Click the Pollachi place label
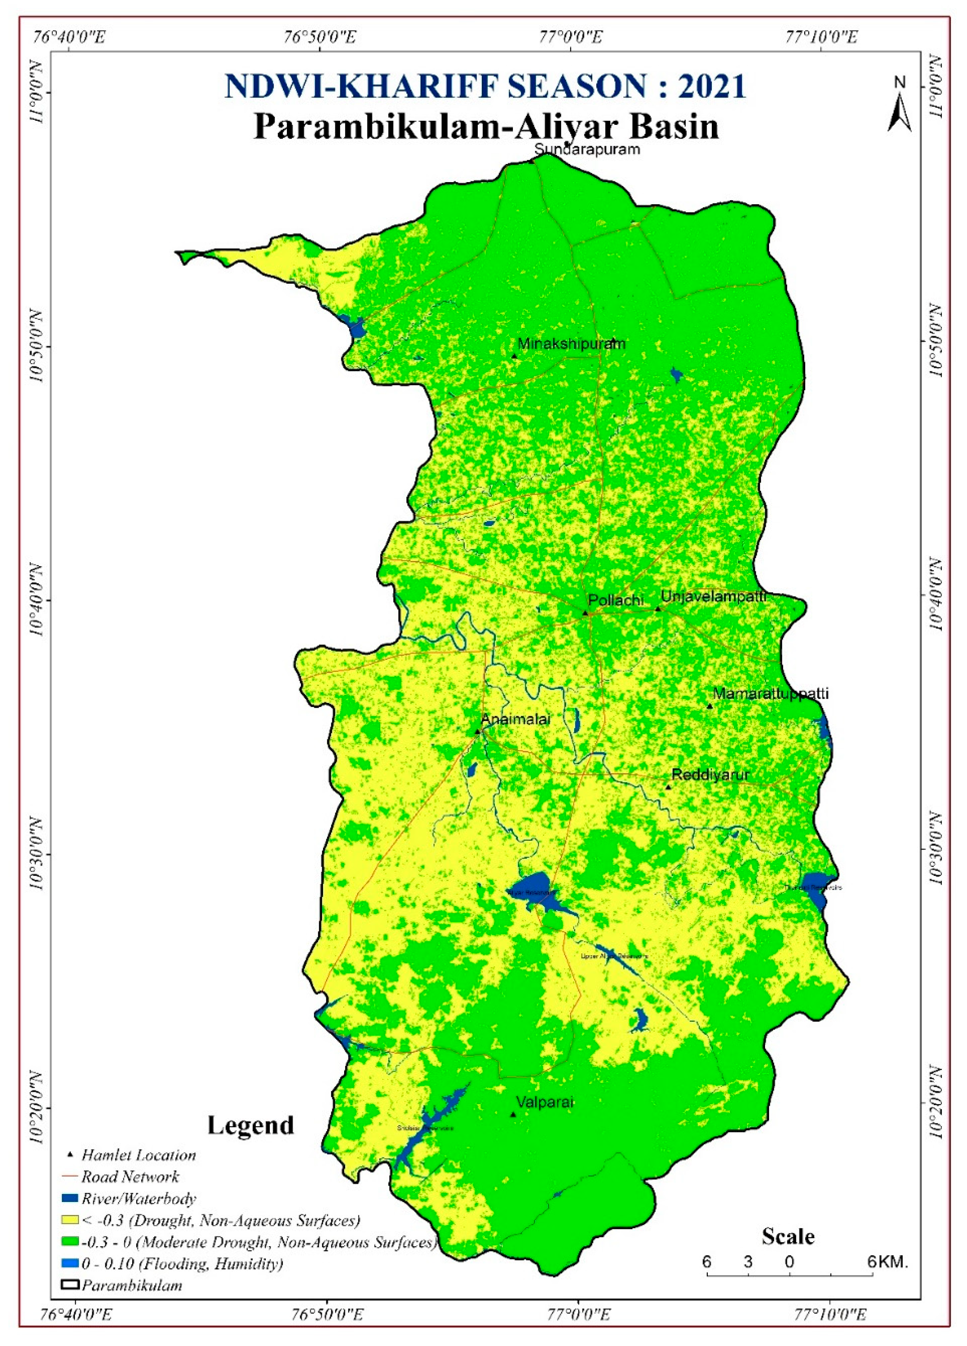pos(615,601)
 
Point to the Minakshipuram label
pos(571,344)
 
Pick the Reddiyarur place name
pos(710,775)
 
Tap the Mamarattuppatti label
pos(770,693)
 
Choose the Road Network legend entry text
pos(130,1176)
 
